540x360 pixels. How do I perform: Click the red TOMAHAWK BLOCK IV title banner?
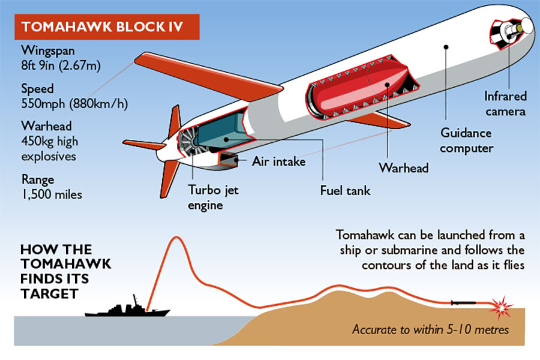(x=107, y=27)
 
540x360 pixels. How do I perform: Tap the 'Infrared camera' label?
(x=505, y=104)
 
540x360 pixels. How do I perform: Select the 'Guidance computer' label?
(x=466, y=140)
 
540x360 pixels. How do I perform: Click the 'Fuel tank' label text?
(x=345, y=191)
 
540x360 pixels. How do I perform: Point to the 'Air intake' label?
(x=278, y=161)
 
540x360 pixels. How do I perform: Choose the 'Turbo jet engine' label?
(x=213, y=197)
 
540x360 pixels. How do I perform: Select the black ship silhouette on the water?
(x=127, y=308)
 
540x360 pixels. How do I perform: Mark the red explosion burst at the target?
(x=502, y=306)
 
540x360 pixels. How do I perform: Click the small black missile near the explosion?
(x=464, y=303)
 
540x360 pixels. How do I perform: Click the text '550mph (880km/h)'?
(x=74, y=104)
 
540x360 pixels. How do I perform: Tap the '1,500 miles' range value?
(x=52, y=194)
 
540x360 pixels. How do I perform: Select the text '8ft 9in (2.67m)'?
(x=61, y=65)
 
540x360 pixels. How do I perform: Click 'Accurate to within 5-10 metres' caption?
(x=430, y=329)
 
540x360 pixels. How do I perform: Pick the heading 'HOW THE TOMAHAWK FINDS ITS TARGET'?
(x=66, y=271)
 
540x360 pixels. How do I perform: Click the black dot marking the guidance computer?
(x=446, y=47)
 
